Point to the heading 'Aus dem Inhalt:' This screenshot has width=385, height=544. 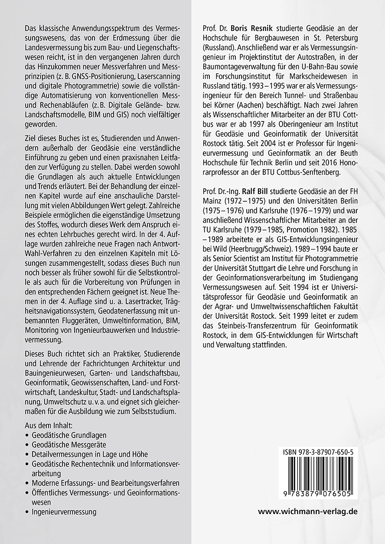point(49,425)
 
